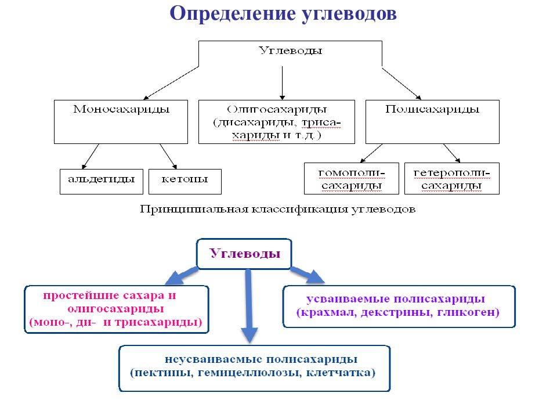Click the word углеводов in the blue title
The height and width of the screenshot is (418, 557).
tap(349, 15)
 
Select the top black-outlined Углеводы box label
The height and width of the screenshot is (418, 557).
tap(290, 51)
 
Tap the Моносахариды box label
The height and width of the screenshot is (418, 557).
tap(121, 109)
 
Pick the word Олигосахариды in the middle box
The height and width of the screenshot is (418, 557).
tap(277, 109)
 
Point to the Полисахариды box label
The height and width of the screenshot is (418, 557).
tap(432, 109)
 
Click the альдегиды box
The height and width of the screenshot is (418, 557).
tap(102, 182)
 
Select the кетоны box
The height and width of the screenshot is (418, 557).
tap(185, 182)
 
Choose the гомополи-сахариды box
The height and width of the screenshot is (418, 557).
tap(352, 178)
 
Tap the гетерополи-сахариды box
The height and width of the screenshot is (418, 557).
tap(452, 178)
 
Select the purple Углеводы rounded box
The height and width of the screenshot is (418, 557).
tap(244, 254)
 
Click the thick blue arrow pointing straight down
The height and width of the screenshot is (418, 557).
tap(249, 306)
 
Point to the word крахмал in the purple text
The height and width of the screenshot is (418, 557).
tap(329, 312)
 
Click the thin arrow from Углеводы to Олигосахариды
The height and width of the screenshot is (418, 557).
tap(283, 83)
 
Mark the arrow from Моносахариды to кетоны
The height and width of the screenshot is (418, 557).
tap(168, 156)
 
